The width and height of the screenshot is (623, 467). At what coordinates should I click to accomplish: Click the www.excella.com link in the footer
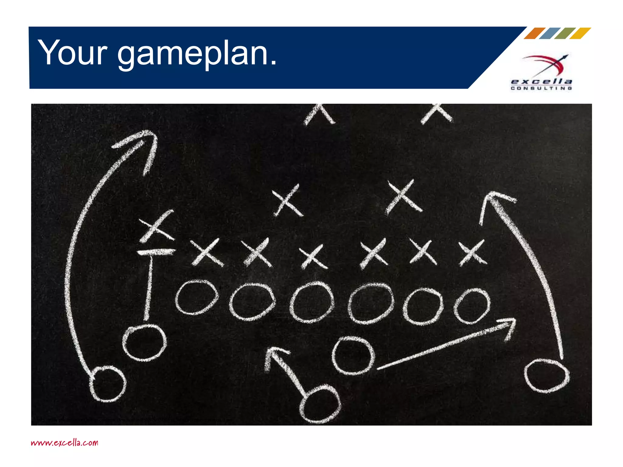[x=64, y=442]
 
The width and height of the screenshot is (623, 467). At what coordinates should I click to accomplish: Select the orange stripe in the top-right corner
[x=534, y=33]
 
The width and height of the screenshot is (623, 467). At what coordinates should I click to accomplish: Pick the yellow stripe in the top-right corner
[x=580, y=33]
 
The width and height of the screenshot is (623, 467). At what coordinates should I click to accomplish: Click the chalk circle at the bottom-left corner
[x=107, y=384]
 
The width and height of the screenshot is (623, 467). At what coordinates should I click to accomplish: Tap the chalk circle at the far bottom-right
[x=547, y=375]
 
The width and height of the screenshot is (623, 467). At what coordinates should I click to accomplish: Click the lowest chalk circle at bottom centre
[x=320, y=404]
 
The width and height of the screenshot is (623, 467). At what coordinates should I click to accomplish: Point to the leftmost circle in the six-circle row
[x=197, y=297]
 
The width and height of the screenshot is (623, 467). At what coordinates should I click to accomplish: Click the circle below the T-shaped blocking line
[x=144, y=342]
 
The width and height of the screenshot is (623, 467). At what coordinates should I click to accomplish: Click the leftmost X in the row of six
[x=206, y=252]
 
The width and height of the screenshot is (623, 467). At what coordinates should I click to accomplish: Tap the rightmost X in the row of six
[x=472, y=252]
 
